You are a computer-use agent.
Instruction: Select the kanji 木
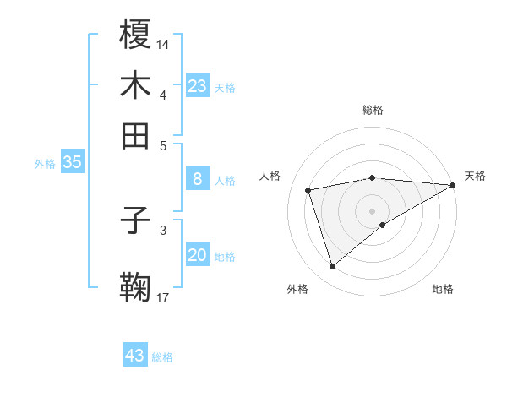click(135, 84)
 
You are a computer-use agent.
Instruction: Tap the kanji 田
click(135, 135)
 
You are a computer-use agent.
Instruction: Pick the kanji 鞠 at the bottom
click(135, 287)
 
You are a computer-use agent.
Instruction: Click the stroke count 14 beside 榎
click(163, 43)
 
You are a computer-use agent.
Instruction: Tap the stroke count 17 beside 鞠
click(163, 296)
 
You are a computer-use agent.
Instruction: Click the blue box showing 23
click(198, 86)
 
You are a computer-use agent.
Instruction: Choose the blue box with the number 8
click(198, 179)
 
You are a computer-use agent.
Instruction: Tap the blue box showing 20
click(198, 255)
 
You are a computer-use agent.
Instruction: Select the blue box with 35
click(72, 163)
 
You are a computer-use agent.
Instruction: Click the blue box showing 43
click(135, 356)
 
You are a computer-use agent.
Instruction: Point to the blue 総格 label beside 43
click(162, 357)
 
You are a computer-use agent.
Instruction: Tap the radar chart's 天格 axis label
click(475, 176)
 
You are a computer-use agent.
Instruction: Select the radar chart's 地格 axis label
click(443, 289)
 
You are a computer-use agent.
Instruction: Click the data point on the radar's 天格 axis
click(454, 186)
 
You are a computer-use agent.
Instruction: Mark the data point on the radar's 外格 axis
click(332, 267)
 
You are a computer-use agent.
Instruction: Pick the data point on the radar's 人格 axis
click(308, 189)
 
